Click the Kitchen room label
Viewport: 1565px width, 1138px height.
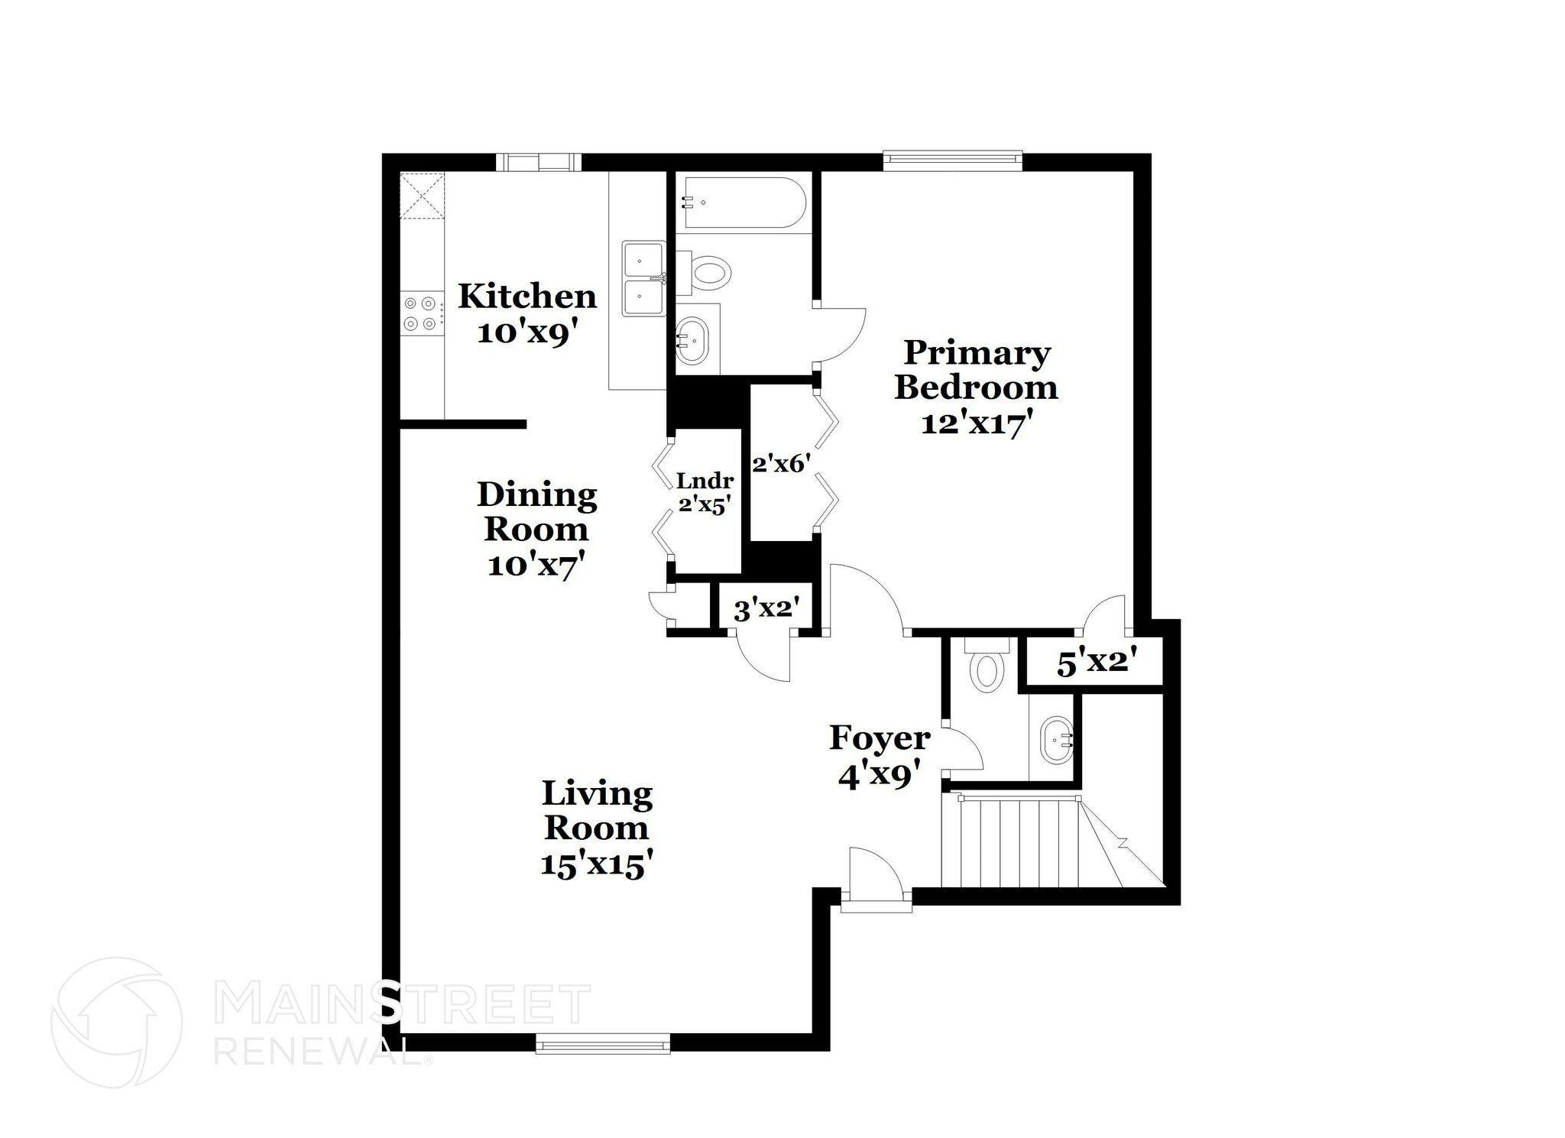pyautogui.click(x=527, y=296)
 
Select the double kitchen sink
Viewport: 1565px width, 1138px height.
pyautogui.click(x=643, y=279)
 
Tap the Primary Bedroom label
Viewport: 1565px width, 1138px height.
pyautogui.click(x=976, y=370)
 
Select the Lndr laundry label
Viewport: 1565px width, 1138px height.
pyautogui.click(x=705, y=481)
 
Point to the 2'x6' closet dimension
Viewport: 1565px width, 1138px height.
pyautogui.click(x=781, y=464)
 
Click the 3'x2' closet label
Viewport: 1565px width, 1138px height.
pyautogui.click(x=766, y=610)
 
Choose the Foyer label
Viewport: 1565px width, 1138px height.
pyautogui.click(x=880, y=738)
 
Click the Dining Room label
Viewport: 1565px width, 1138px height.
pyautogui.click(x=536, y=512)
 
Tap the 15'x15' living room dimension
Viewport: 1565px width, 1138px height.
pyautogui.click(x=596, y=865)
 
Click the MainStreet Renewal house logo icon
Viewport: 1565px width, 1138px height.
pyautogui.click(x=117, y=1022)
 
